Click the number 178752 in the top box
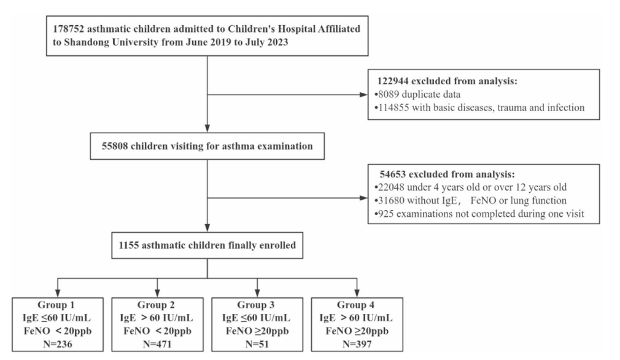click(x=68, y=29)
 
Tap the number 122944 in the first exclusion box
click(x=393, y=81)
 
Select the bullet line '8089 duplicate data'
click(x=417, y=95)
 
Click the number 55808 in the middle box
click(x=115, y=146)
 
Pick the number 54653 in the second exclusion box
click(x=393, y=174)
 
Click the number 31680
click(x=391, y=200)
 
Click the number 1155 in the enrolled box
click(x=129, y=245)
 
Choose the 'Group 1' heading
click(x=56, y=305)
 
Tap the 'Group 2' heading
click(x=156, y=305)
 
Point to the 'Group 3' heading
click(x=256, y=305)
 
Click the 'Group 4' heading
click(x=355, y=305)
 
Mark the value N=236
click(x=58, y=344)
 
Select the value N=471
click(x=157, y=344)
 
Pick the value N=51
click(x=257, y=344)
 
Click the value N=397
click(x=357, y=344)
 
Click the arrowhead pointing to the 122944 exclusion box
click(x=363, y=95)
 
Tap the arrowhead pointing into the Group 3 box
click(x=257, y=293)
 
